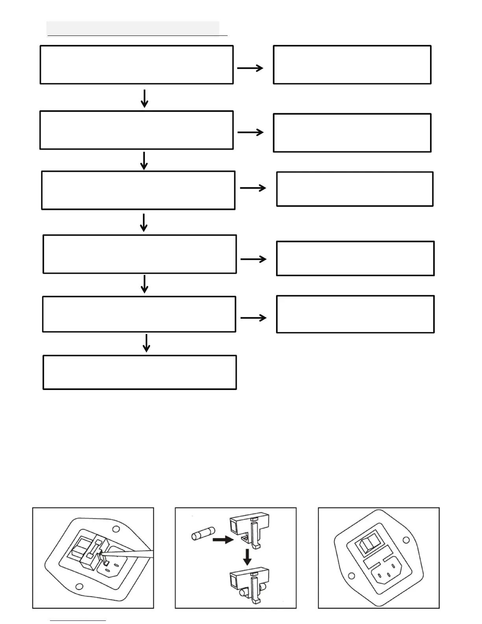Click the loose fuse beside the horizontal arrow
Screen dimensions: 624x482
pos(201,536)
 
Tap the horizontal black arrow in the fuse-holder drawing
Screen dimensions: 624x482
pos(222,540)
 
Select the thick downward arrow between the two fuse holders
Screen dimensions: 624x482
pos(247,557)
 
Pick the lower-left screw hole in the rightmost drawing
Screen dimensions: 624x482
pos(352,576)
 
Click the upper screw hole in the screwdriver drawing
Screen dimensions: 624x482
pos(116,529)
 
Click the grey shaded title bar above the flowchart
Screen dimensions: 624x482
pos(133,28)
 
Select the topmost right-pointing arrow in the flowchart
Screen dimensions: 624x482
pos(250,68)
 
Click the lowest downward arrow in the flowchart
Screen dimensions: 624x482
pos(146,343)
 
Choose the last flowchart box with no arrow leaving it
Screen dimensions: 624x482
pos(139,372)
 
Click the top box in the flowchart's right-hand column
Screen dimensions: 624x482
pos(352,65)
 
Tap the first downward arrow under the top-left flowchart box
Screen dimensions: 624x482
pos(145,98)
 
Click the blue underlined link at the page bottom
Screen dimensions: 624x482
pos(78,620)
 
